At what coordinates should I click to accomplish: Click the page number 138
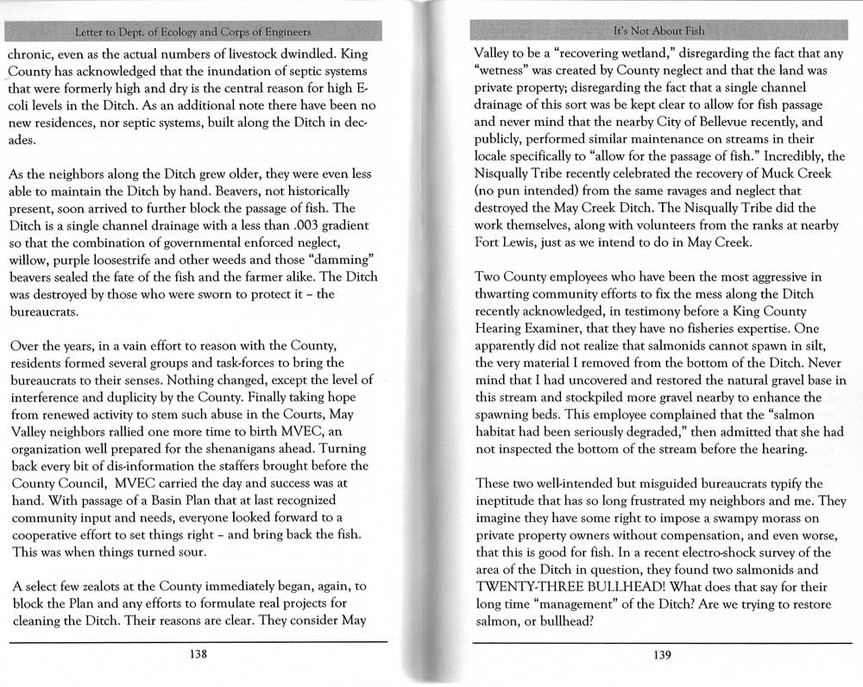pyautogui.click(x=198, y=654)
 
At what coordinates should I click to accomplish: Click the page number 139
pyautogui.click(x=663, y=655)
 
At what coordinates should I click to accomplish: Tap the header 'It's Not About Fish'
pyautogui.click(x=658, y=31)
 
